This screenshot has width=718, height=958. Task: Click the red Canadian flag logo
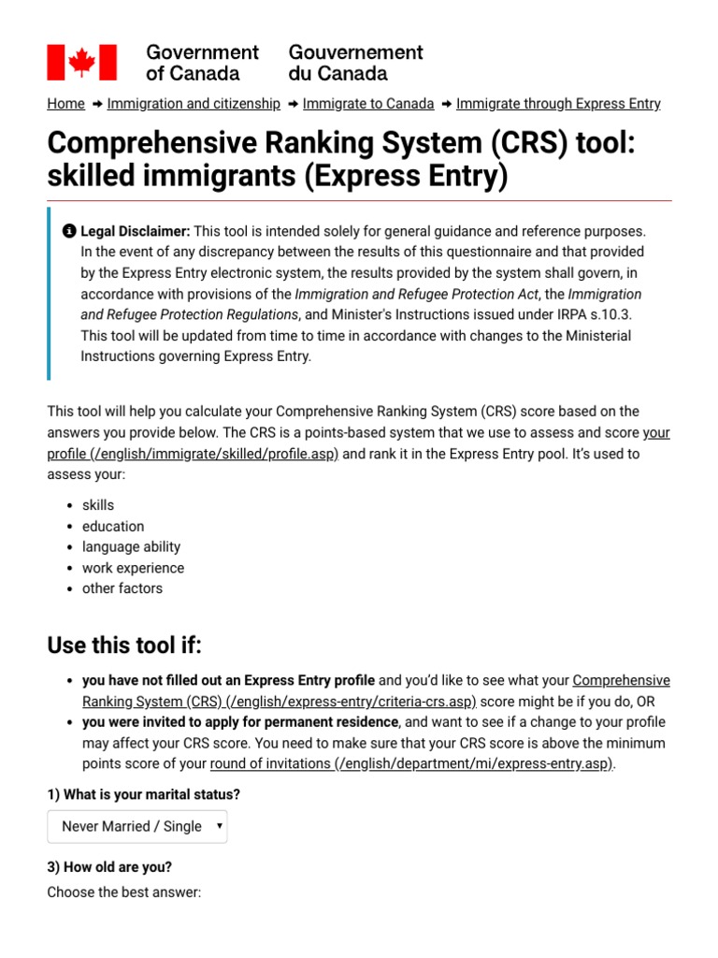click(82, 62)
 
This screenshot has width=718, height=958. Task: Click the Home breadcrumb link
click(65, 104)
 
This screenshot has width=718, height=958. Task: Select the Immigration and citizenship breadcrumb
click(194, 104)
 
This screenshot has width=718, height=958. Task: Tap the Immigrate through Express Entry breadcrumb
click(558, 104)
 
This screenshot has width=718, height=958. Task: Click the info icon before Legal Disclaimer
click(69, 230)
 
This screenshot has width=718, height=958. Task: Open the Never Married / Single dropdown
click(137, 826)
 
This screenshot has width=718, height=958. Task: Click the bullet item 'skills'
click(98, 505)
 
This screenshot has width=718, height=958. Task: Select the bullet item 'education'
click(113, 526)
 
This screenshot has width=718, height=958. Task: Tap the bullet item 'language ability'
click(131, 546)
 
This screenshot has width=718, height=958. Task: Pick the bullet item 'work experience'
click(133, 568)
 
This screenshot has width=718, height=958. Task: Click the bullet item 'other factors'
click(122, 588)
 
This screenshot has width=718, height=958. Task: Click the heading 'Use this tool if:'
click(124, 646)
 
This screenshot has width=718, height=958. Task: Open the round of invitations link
click(411, 763)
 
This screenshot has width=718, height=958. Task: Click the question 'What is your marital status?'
click(144, 794)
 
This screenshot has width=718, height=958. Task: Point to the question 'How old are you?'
click(109, 866)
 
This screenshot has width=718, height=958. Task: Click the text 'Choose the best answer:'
click(124, 893)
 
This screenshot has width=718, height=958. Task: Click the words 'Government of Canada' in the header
click(202, 62)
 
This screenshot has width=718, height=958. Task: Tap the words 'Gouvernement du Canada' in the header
click(355, 62)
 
